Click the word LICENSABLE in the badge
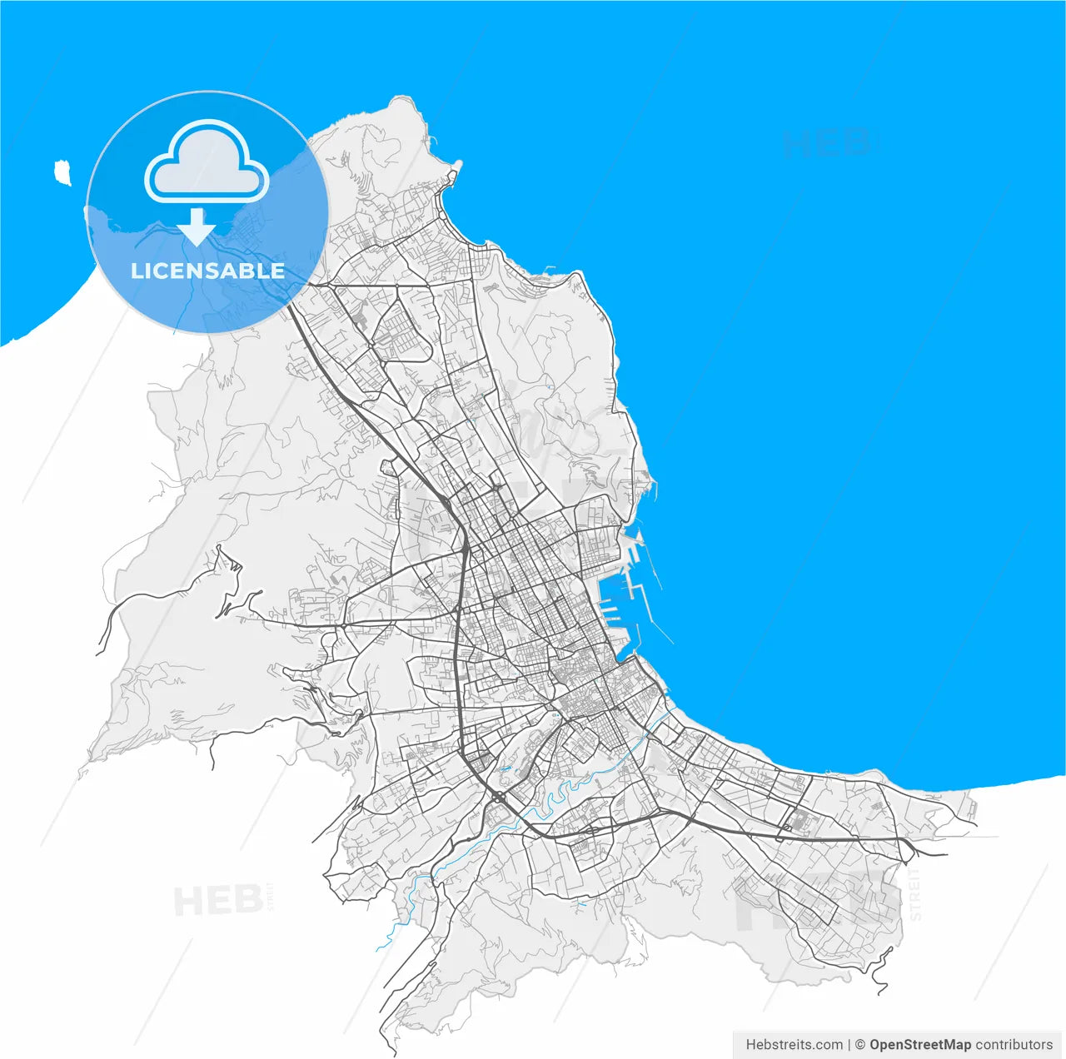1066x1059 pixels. (207, 271)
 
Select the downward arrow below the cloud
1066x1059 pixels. (197, 226)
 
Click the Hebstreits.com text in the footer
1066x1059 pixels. (794, 1044)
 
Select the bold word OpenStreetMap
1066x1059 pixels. (919, 1044)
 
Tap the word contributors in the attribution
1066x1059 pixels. (1014, 1044)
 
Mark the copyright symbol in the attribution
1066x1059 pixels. (860, 1044)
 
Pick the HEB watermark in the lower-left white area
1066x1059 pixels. (217, 901)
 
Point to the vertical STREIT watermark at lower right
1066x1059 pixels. (915, 894)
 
